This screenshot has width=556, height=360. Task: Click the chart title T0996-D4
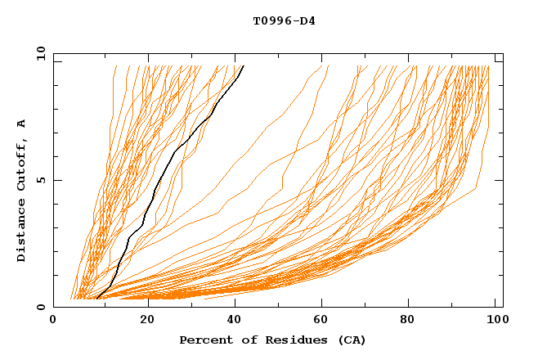tap(285, 20)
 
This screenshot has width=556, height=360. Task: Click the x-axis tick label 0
tap(53, 320)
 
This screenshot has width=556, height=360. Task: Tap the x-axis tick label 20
tap(142, 320)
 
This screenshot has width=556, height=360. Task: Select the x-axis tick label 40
tap(231, 320)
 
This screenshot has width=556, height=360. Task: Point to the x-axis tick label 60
tap(321, 320)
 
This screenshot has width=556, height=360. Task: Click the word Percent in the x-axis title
tap(203, 340)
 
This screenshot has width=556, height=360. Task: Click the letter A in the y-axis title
tap(22, 124)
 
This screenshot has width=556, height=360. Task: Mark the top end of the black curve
tap(244, 65)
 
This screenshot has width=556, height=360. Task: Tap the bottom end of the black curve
tap(96, 298)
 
